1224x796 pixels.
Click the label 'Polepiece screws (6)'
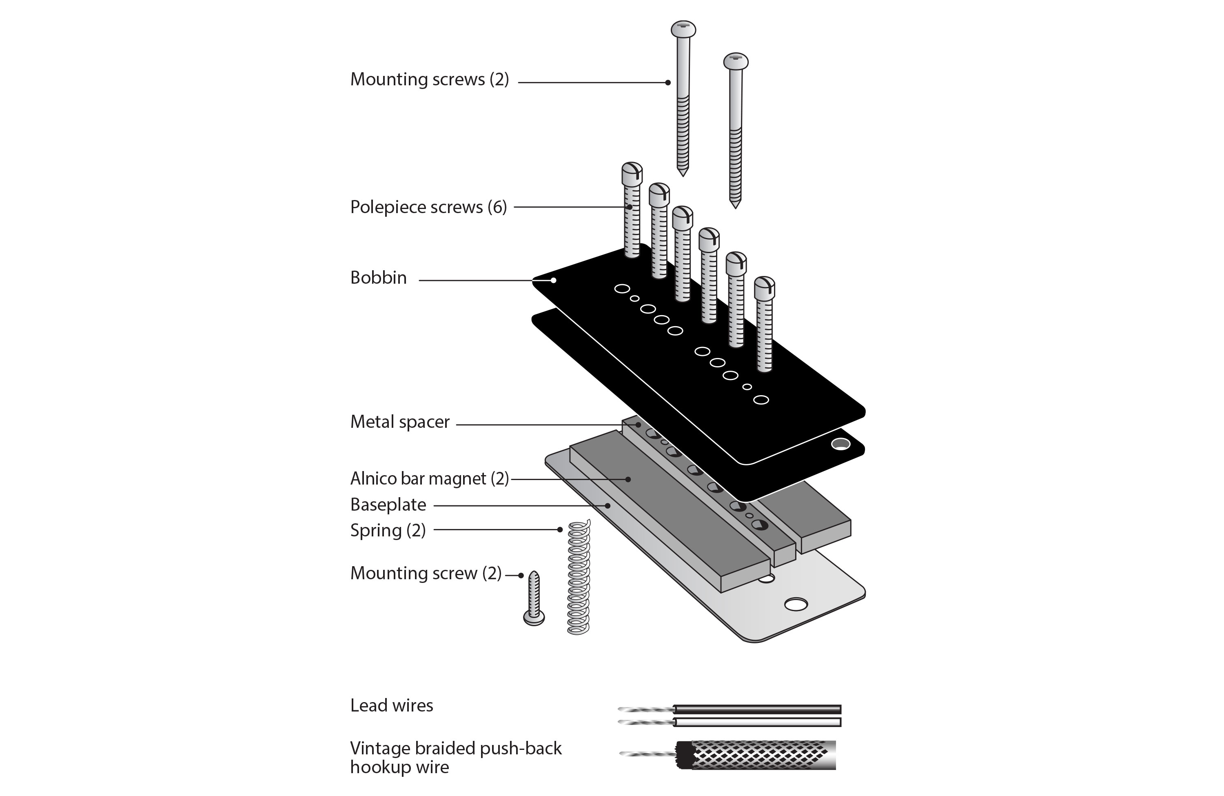428,207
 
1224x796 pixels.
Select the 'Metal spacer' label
399,422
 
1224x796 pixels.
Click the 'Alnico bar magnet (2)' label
429,478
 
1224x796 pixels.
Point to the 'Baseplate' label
388,505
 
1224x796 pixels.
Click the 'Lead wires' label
391,705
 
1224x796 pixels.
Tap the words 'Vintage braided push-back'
456,748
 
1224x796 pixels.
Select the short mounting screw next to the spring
534,599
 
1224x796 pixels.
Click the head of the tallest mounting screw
683,29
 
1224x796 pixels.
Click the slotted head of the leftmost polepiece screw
632,173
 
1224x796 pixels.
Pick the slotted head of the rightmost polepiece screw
764,288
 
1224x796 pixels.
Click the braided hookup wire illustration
761,755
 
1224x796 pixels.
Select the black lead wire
756,709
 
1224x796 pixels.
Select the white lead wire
756,723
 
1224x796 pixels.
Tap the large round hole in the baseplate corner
795,604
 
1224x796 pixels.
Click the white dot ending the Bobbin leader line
553,280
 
